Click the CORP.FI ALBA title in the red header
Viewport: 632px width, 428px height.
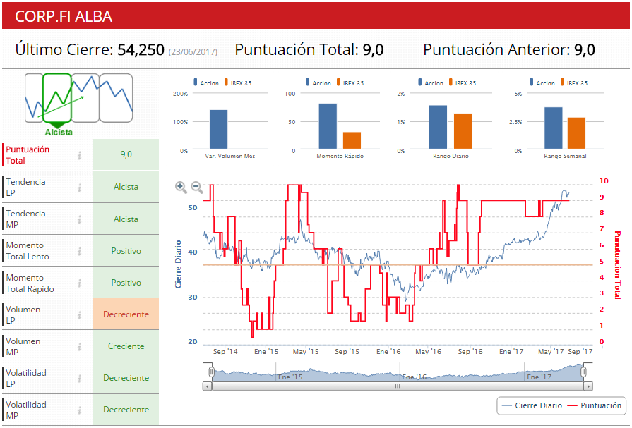(64, 16)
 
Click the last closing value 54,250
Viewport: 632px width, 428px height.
(141, 50)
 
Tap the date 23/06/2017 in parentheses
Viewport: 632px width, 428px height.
(193, 51)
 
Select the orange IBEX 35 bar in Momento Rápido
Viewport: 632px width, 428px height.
(352, 140)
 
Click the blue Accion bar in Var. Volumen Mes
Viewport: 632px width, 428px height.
(218, 130)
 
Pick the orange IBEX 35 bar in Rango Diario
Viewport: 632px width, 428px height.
(463, 131)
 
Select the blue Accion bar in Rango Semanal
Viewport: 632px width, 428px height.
(554, 128)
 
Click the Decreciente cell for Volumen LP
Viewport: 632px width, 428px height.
(126, 314)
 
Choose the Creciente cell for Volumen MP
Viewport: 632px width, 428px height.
(126, 346)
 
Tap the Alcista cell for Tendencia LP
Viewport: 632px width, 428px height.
(126, 188)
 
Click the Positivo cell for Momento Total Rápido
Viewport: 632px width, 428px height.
(126, 283)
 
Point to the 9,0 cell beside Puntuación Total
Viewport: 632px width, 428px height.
(126, 154)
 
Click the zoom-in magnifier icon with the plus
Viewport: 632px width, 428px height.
(181, 187)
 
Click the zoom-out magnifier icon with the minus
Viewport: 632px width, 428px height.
(197, 187)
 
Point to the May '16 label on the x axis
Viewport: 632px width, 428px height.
(428, 351)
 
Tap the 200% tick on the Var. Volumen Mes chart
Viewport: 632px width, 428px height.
(180, 94)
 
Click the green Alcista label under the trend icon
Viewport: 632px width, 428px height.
(59, 132)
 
